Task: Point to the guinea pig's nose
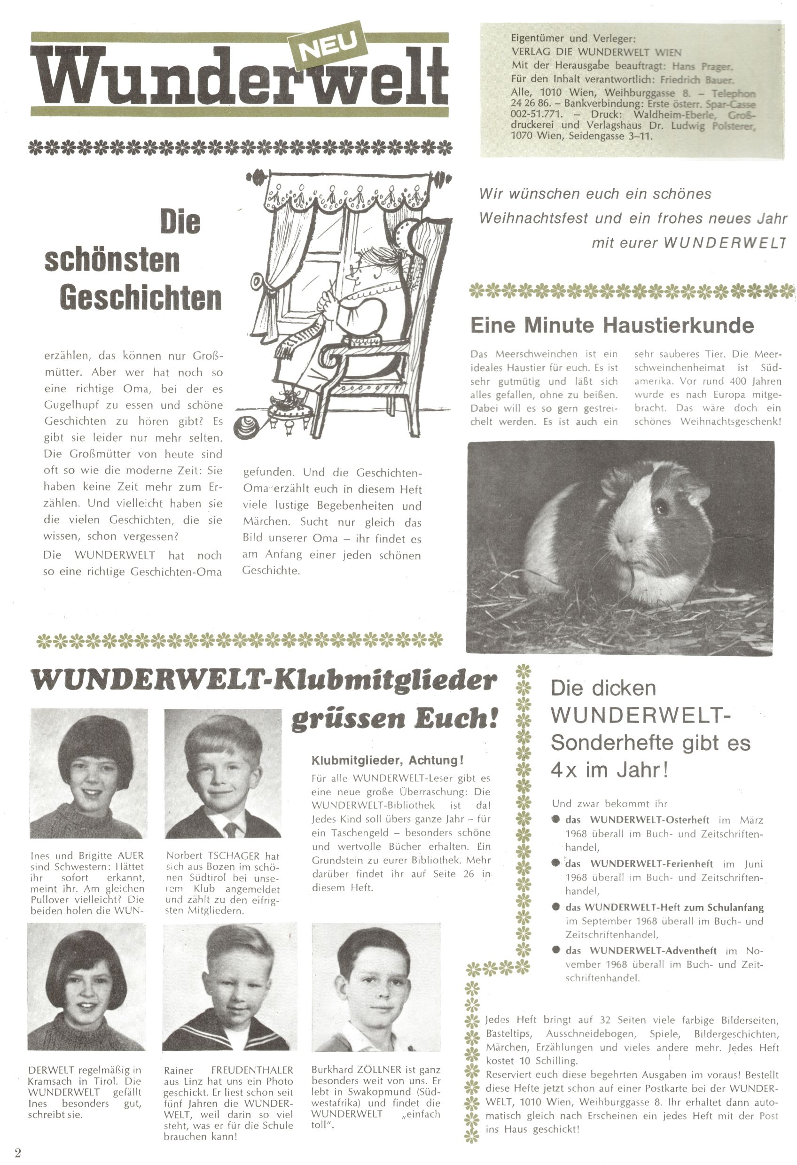tap(625, 541)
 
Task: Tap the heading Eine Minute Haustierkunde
tap(612, 326)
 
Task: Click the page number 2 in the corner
tap(18, 1152)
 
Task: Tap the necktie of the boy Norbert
tap(230, 830)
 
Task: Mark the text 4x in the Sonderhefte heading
tap(564, 770)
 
